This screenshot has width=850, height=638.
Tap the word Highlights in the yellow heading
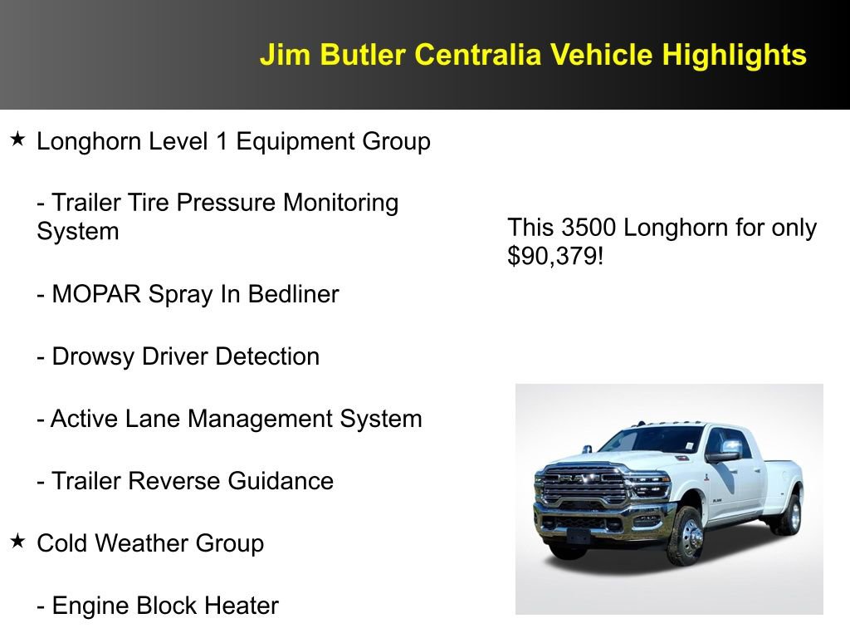point(734,55)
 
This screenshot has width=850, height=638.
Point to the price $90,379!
point(555,256)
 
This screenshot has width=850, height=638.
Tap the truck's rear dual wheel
point(786,514)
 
